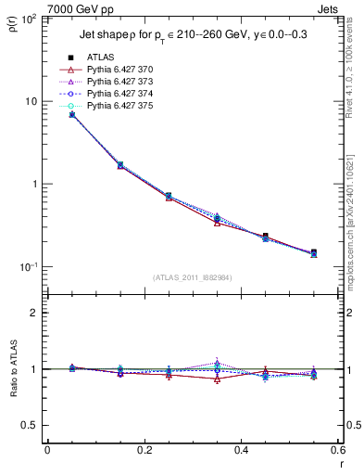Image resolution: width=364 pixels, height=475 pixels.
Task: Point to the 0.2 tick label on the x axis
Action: [144, 451]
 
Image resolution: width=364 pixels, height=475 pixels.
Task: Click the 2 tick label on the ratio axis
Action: [36, 313]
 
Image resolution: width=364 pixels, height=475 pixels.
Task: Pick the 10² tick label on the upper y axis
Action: [31, 19]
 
